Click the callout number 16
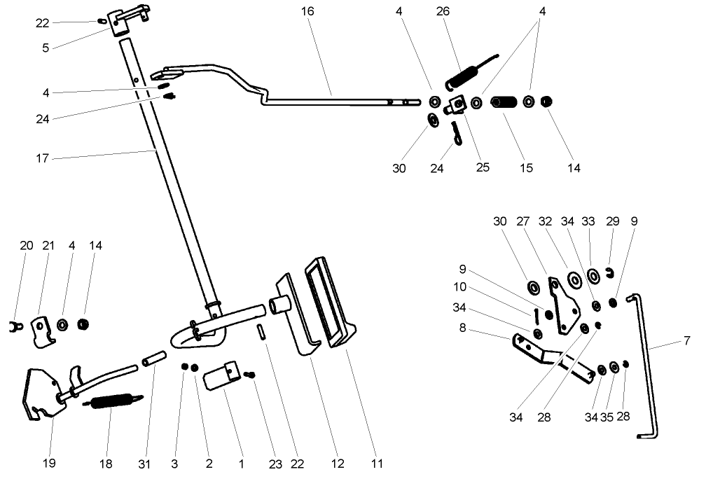point(307,11)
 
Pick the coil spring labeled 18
point(112,402)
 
